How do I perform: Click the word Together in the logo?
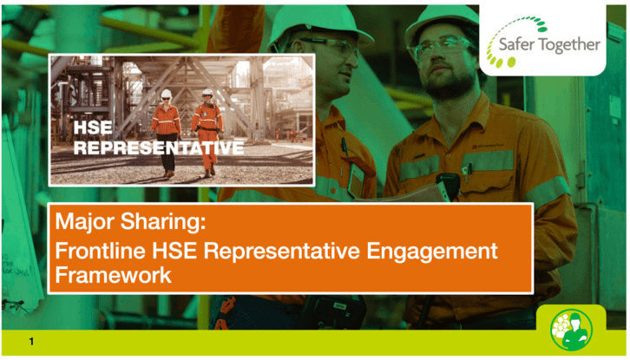coord(569,45)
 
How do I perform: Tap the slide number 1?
coord(31,342)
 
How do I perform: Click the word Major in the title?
coord(85,221)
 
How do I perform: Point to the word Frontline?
coord(100,251)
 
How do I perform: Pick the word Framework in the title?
coord(114,275)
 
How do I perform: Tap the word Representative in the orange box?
coord(282,251)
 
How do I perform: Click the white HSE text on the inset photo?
coord(93,128)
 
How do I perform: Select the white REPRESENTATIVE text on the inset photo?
coord(159,147)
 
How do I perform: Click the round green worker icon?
coord(571,330)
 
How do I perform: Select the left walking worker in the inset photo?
coord(166,134)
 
